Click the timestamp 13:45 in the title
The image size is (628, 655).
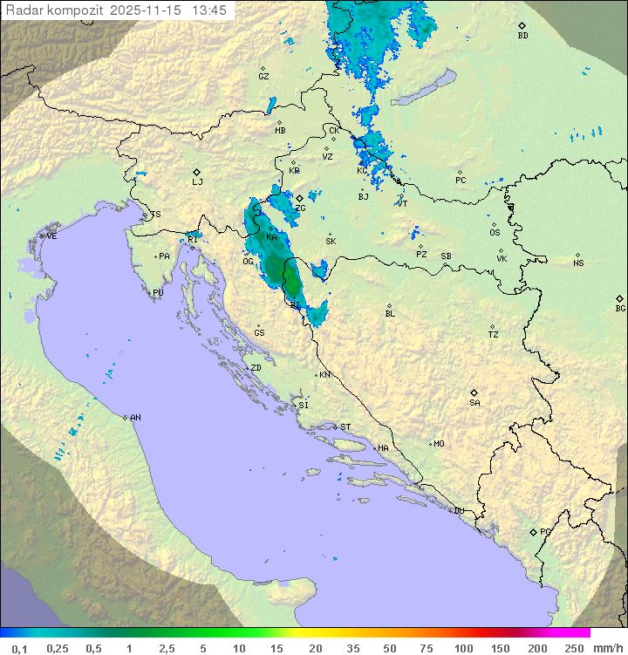(x=208, y=10)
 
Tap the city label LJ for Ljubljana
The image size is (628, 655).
(x=197, y=182)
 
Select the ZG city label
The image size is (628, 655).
(x=300, y=208)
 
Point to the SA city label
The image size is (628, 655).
(x=474, y=403)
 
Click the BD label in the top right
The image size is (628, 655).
(x=522, y=36)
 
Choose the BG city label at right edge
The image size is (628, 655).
(x=620, y=309)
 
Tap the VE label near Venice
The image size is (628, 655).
(x=51, y=236)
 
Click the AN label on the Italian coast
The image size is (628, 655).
(x=135, y=418)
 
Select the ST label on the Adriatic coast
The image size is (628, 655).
(x=345, y=427)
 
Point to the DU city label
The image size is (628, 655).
(x=458, y=511)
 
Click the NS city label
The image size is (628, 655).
(x=578, y=263)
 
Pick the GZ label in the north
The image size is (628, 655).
(x=263, y=77)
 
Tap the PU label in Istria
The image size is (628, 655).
(x=158, y=293)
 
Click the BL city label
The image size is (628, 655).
(x=390, y=314)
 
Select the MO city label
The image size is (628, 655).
(x=439, y=444)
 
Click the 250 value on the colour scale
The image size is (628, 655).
(x=574, y=648)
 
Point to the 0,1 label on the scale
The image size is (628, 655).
(x=19, y=648)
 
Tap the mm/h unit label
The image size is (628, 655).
(x=607, y=648)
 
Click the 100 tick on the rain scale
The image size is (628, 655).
(x=464, y=648)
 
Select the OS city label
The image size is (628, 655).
(x=495, y=233)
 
